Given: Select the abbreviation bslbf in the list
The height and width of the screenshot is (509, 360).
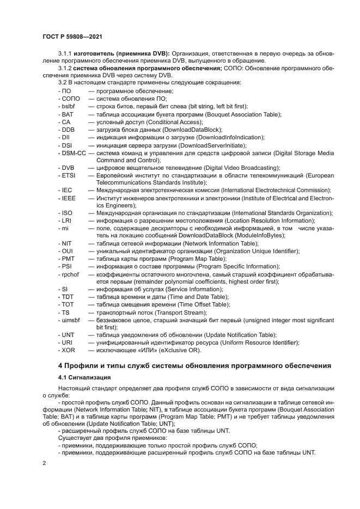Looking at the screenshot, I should [x=69, y=107].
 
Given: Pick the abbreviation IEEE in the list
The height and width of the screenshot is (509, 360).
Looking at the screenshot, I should [x=69, y=199].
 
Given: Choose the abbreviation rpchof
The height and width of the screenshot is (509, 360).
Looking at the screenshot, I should [x=70, y=274].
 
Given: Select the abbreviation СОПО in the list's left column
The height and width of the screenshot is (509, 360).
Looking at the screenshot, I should [x=71, y=99].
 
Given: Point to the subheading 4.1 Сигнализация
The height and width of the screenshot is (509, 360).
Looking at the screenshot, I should [x=84, y=377].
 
